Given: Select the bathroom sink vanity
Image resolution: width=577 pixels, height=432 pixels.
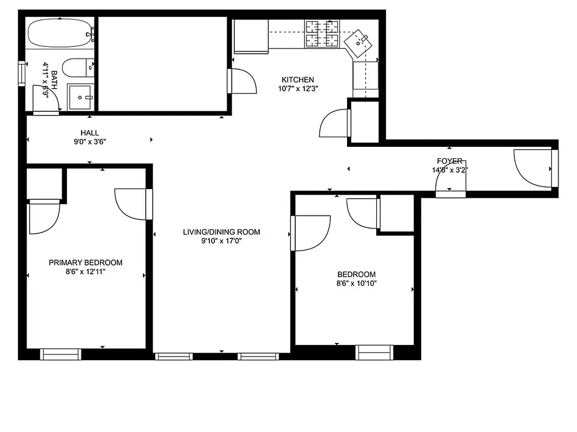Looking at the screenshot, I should point(81,97).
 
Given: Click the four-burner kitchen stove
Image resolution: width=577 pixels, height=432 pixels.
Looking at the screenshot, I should point(322,33).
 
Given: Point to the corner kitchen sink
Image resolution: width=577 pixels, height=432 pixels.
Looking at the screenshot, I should point(359,42).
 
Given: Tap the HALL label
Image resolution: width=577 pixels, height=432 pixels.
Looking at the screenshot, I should point(90,133).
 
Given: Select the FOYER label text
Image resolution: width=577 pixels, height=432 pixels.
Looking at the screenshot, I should point(450,161).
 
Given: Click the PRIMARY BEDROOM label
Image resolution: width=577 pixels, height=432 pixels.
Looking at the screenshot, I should point(85,262).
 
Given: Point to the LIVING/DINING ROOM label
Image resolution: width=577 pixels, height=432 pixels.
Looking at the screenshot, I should point(221,232).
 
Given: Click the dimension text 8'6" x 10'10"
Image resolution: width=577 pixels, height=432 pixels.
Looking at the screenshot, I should point(356,283).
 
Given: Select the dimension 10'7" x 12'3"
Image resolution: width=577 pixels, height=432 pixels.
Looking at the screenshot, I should point(294,89).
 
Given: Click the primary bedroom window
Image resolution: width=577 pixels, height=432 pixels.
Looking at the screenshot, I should point(61,354).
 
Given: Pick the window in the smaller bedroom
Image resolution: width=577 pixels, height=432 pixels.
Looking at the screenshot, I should point(374,353).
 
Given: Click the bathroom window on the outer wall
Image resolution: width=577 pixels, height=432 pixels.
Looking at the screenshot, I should point(22,73).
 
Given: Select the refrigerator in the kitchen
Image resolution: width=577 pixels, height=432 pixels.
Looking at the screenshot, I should point(250,37).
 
